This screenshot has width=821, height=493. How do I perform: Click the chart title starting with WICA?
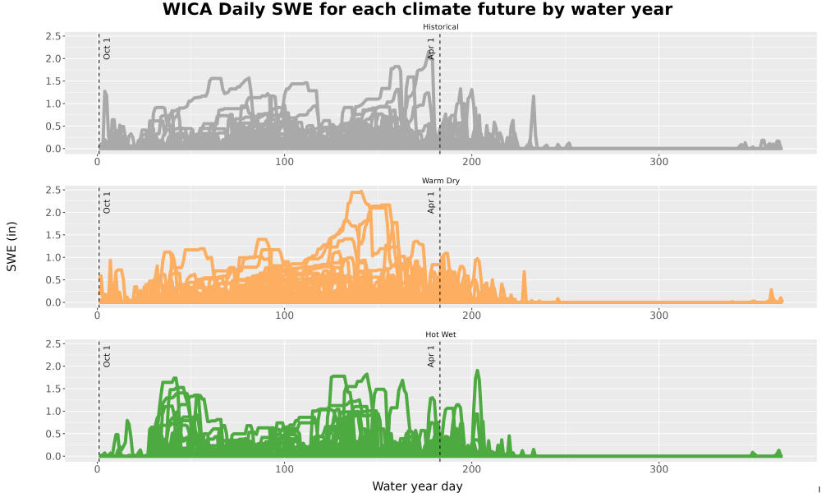tap(417, 9)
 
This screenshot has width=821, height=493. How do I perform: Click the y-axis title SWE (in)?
tap(11, 246)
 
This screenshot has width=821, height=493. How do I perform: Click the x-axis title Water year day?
tap(417, 486)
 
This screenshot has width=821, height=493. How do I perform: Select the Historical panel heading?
tap(440, 27)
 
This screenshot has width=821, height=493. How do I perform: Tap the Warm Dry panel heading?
tap(440, 181)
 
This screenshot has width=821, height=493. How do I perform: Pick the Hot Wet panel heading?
tap(440, 334)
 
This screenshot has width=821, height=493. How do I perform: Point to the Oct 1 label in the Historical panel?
tap(107, 48)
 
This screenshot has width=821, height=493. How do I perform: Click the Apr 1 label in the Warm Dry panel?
tap(431, 202)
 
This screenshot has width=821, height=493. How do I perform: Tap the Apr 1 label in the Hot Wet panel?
tap(431, 356)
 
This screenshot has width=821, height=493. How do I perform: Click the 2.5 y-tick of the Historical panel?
tap(53, 36)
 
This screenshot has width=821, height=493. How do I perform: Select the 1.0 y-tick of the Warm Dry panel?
tap(53, 258)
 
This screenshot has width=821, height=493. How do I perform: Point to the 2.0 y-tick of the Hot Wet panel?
tap(53, 366)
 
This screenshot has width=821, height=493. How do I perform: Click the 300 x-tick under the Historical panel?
tap(658, 162)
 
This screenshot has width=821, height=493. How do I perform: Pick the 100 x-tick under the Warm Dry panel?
tap(284, 316)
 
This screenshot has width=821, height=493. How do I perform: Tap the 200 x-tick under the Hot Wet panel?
tap(472, 469)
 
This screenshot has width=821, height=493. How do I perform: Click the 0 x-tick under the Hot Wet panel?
tap(98, 469)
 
